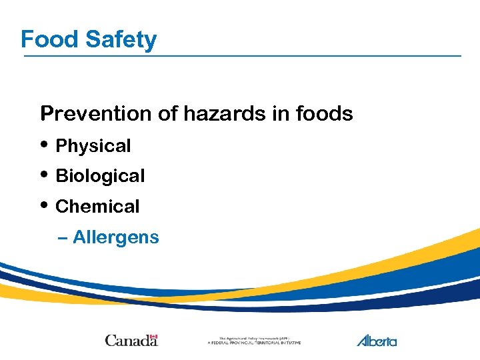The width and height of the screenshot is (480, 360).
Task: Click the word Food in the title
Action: coord(50,39)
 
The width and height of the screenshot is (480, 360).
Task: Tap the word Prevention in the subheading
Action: coord(96,114)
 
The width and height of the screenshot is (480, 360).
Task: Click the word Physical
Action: coord(93,146)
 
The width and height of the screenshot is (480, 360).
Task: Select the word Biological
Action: coord(100,176)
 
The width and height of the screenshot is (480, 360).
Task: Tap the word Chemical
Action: coord(97,207)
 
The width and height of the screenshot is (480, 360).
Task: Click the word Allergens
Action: coord(116,237)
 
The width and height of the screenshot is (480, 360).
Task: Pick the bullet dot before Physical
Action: coord(44,144)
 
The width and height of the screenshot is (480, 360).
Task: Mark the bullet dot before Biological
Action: coord(44,174)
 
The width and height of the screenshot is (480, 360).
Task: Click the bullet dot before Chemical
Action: coord(44,205)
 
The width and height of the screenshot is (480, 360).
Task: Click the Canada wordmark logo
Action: coord(131,341)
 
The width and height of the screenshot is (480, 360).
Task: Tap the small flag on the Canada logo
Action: coord(153,336)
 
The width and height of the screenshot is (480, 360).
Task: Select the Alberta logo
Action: coord(377,340)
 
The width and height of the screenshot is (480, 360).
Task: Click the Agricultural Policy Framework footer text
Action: coord(254,341)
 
